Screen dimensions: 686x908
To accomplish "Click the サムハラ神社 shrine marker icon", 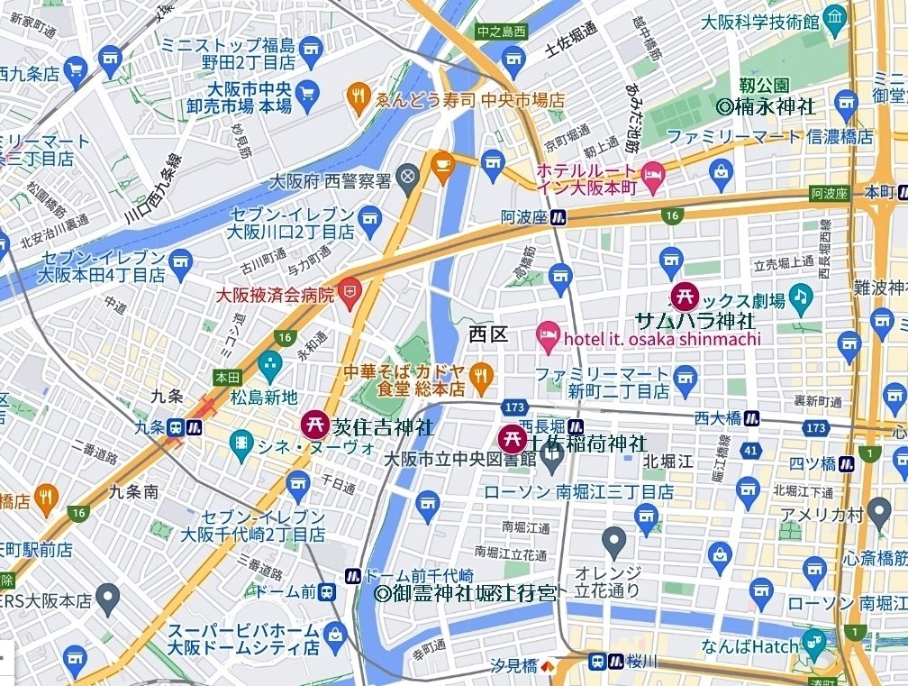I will (x=685, y=295).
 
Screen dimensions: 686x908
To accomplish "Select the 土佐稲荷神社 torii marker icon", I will (x=512, y=438).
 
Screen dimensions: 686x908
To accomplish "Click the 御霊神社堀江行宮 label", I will (x=466, y=592).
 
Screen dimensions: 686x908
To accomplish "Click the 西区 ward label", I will (x=489, y=334).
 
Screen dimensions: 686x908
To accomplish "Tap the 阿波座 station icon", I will (x=560, y=216).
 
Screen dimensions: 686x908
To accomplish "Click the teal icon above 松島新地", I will (x=268, y=365).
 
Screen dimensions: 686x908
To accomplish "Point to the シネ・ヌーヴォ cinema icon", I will (x=241, y=442).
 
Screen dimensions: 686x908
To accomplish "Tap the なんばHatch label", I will (x=750, y=646).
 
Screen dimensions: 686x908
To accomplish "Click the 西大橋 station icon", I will (x=751, y=417).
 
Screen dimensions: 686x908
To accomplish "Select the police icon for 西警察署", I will (x=408, y=175).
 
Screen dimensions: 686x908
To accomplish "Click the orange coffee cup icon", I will (x=441, y=165).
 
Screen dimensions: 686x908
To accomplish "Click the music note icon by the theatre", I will (x=799, y=296).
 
